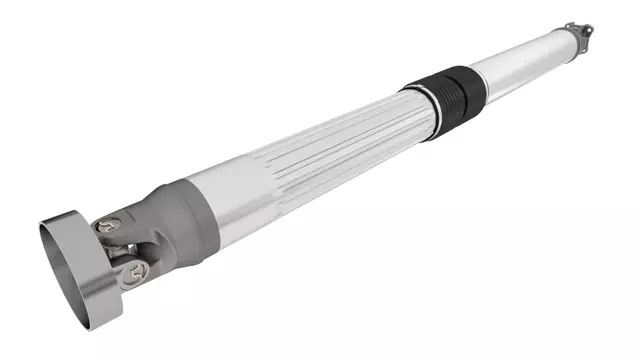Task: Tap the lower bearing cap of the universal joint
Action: coord(127,267)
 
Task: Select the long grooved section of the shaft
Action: coord(320,145)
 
